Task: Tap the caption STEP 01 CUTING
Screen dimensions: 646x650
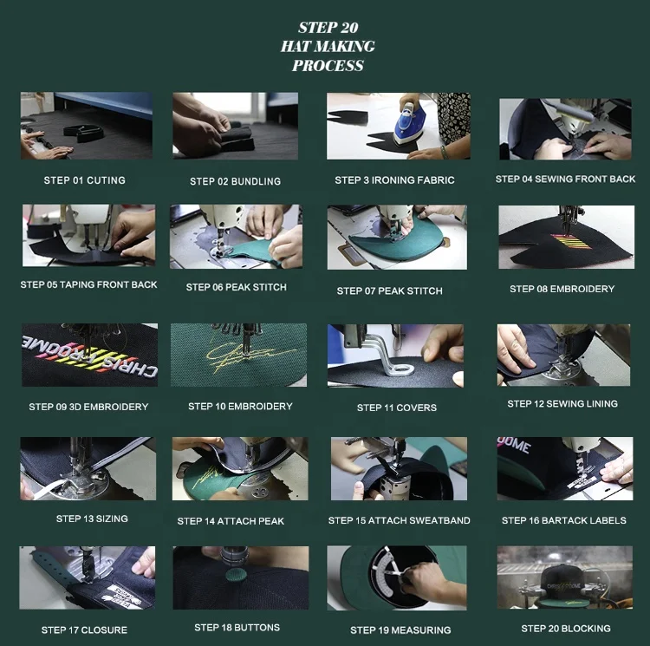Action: point(84,180)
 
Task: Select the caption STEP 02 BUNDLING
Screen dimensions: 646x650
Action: point(235,181)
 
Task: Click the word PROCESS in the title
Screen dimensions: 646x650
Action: point(328,66)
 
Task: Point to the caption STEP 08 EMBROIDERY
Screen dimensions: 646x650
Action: point(562,289)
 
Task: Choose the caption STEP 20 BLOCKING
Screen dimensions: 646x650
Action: point(565,629)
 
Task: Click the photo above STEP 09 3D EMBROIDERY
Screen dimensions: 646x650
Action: point(88,355)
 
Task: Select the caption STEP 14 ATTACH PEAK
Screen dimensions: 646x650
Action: point(231,521)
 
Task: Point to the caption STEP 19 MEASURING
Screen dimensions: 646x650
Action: point(400,630)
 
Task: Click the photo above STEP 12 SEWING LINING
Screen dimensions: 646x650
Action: point(563,355)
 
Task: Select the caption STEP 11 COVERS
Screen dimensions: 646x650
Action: point(397,408)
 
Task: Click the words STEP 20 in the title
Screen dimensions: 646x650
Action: point(328,28)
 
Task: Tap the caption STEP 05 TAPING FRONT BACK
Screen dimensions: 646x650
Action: point(88,284)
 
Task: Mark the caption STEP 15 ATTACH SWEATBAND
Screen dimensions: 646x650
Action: point(399,520)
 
